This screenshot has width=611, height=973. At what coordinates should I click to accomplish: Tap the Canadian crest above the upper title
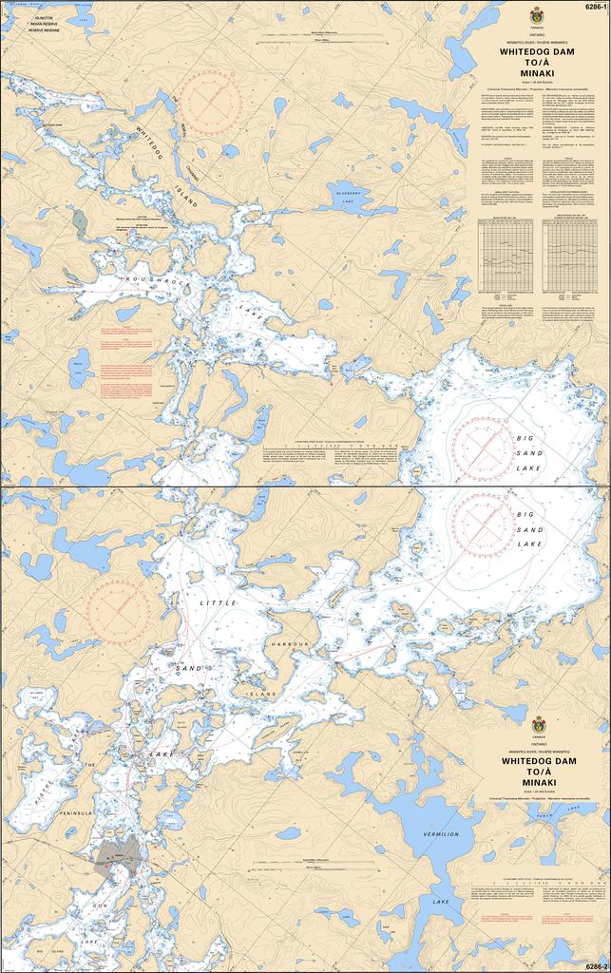(x=538, y=15)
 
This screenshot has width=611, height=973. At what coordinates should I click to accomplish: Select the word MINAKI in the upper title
(x=539, y=72)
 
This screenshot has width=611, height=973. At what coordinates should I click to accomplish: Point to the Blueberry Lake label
(x=353, y=199)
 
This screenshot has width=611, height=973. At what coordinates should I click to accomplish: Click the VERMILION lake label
(x=439, y=834)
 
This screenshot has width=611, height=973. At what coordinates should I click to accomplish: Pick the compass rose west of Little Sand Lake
(x=117, y=608)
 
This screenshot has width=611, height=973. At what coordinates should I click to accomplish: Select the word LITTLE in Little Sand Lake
(x=218, y=603)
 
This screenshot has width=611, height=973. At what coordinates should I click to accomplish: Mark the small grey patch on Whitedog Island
(x=80, y=223)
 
